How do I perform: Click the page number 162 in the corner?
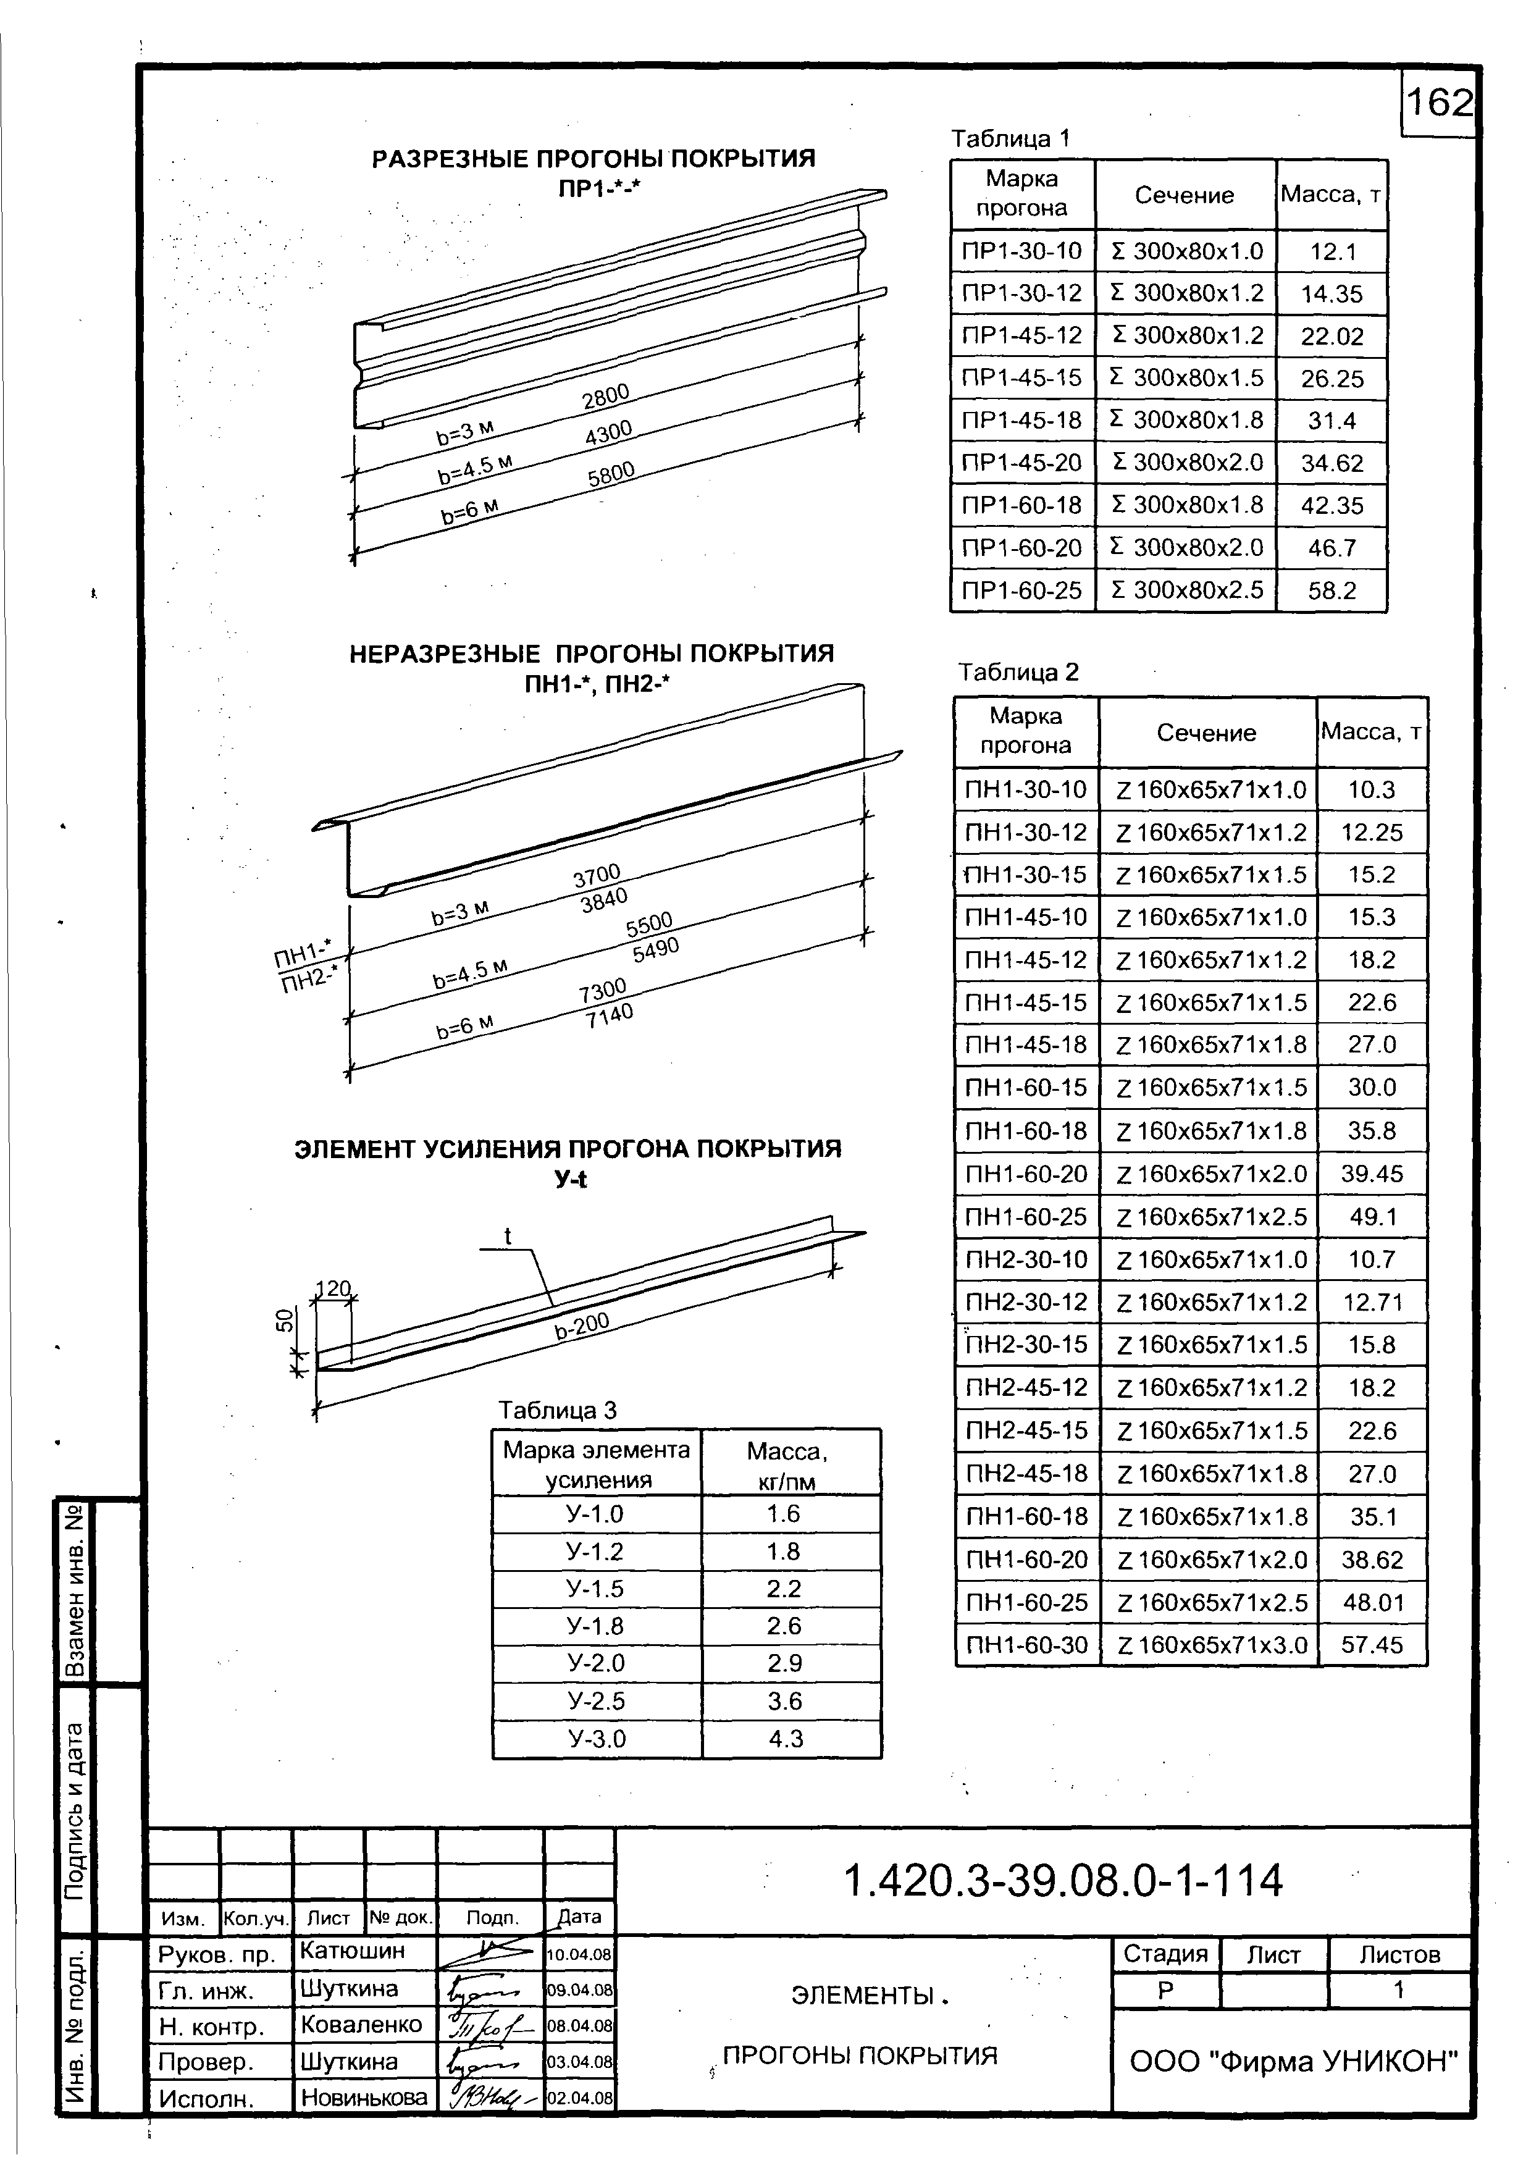point(1438,103)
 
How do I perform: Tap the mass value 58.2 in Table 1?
point(1331,590)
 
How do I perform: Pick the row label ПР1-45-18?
point(1021,420)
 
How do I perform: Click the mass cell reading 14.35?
point(1331,294)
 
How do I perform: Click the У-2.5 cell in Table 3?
point(596,1701)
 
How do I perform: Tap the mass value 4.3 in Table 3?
point(786,1739)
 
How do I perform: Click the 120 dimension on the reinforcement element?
point(333,1289)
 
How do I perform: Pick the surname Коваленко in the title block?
point(361,2024)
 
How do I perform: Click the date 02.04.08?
point(580,2098)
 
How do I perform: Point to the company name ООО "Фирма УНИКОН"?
point(1293,2061)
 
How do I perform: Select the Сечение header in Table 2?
point(1206,733)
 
